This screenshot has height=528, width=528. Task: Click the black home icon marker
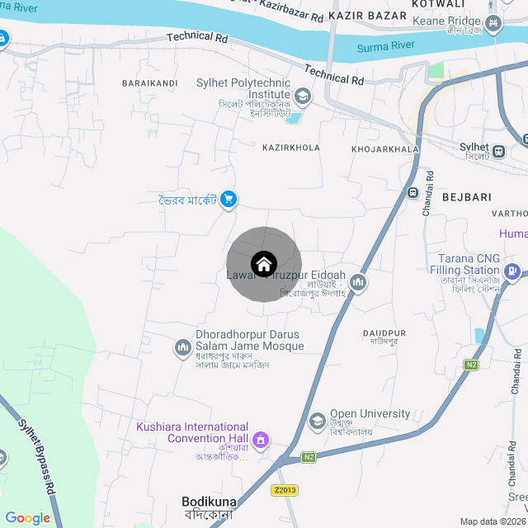[x=264, y=264]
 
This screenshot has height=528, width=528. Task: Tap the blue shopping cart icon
[x=229, y=199]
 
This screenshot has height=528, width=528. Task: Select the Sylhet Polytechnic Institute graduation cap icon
[x=303, y=97]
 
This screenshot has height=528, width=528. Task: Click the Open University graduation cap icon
[x=317, y=422]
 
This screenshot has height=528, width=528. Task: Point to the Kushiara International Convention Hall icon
[x=262, y=438]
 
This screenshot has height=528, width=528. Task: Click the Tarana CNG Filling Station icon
[x=512, y=270]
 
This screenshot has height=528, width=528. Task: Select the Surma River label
[x=385, y=46]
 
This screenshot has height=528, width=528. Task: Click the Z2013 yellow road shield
[x=284, y=490]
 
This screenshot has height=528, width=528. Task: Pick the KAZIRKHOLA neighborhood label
[x=290, y=148]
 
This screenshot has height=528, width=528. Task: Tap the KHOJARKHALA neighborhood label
[x=385, y=149]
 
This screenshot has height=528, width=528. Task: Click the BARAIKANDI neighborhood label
[x=149, y=83]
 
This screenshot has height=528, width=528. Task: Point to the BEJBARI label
[x=466, y=197]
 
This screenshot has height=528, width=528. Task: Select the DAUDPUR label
[x=384, y=332]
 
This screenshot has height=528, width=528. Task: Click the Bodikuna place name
[x=209, y=501]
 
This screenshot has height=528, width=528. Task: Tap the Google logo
[x=27, y=518]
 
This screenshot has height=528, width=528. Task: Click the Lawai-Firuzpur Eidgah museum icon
[x=358, y=283]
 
